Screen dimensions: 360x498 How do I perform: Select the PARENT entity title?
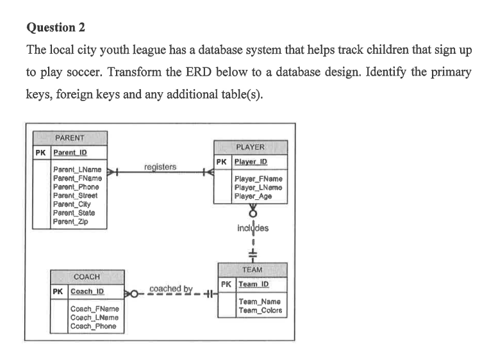click(70, 138)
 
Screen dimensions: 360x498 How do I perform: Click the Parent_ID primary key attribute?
click(70, 152)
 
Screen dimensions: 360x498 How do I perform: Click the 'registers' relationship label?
click(160, 167)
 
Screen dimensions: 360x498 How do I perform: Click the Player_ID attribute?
click(251, 162)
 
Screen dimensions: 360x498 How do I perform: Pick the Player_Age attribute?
click(253, 197)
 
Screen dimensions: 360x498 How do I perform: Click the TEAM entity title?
click(253, 270)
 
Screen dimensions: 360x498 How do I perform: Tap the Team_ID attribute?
click(254, 284)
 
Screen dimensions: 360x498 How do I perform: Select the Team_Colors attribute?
click(260, 311)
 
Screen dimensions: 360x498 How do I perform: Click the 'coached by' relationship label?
click(170, 289)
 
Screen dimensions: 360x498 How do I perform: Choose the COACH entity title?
click(87, 277)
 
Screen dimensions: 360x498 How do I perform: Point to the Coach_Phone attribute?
click(93, 326)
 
